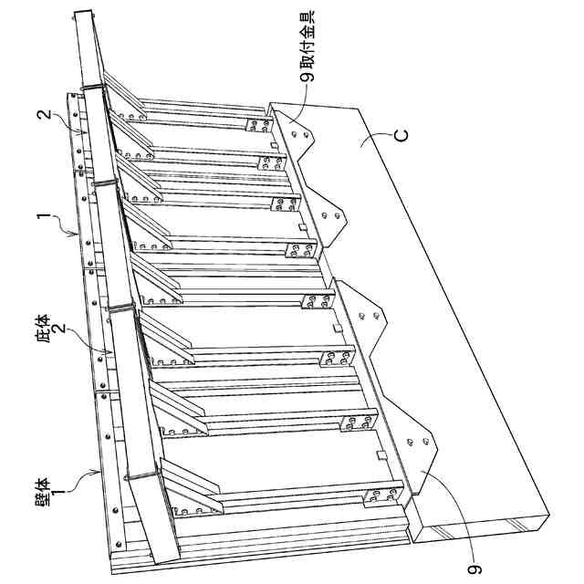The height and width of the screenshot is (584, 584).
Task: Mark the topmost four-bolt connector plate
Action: (259, 126)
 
